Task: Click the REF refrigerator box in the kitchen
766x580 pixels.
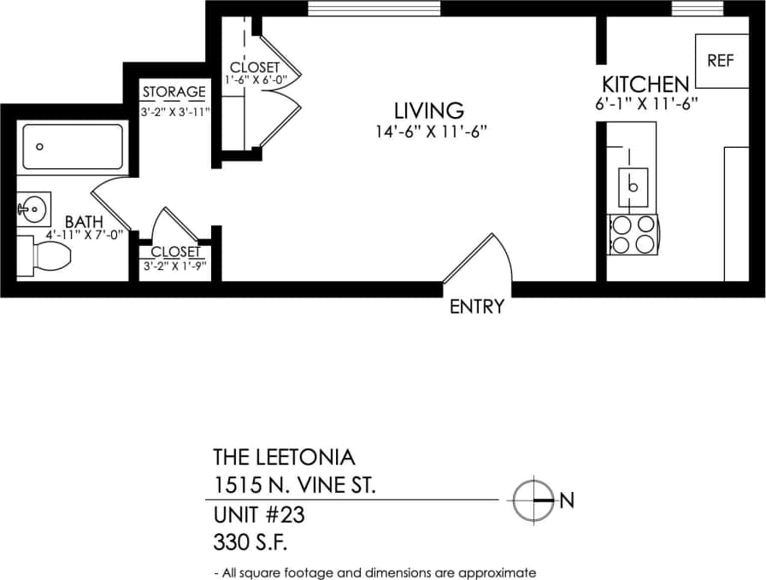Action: point(720,61)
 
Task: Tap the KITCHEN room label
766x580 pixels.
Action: point(645,85)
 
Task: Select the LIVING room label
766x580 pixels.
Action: point(428,110)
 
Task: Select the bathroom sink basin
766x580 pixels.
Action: point(35,207)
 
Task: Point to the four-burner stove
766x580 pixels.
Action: point(633,235)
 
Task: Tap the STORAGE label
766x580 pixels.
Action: point(174,92)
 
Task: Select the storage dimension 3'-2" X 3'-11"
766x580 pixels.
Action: point(174,111)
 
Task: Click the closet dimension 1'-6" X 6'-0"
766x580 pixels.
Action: point(254,80)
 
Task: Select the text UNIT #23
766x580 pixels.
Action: point(258,516)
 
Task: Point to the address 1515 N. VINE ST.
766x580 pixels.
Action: point(293,485)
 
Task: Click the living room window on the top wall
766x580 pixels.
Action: point(374,9)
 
